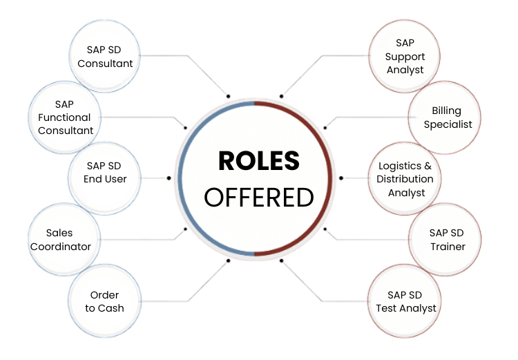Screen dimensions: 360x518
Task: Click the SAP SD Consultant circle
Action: tap(105, 57)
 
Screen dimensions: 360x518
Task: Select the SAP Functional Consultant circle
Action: tap(66, 117)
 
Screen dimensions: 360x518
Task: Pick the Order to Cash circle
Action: tap(105, 301)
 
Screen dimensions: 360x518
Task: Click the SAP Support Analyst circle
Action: tap(405, 57)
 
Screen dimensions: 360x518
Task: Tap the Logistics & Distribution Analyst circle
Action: tap(405, 178)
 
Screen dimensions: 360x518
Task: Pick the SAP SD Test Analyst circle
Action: tap(405, 301)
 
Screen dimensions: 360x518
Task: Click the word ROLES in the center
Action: tap(259, 161)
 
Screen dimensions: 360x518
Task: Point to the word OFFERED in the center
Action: tap(259, 197)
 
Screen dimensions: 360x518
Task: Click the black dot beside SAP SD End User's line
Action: tap(169, 178)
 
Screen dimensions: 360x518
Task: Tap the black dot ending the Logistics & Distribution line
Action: tap(340, 178)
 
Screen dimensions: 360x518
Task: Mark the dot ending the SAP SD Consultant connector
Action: tap(228, 95)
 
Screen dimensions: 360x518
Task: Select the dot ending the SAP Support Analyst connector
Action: tap(281, 95)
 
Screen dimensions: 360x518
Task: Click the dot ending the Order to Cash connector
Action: tap(228, 260)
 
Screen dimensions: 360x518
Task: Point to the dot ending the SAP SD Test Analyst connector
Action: tap(281, 260)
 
